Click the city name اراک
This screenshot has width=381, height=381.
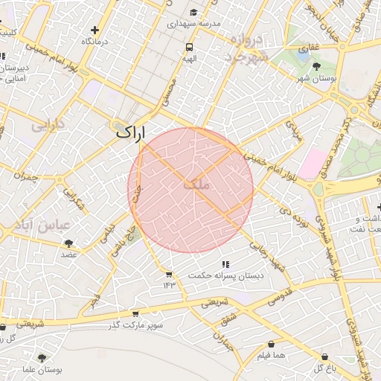131,133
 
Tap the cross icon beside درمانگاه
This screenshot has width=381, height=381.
94,30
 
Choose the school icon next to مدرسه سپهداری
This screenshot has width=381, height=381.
193,12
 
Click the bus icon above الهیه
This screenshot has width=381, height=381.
190,47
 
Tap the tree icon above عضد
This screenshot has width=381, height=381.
69,243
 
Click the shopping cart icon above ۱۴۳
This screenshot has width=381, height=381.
169,275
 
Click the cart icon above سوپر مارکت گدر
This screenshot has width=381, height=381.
135,314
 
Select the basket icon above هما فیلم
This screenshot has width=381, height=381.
270,345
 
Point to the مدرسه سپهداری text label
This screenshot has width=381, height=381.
196,24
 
